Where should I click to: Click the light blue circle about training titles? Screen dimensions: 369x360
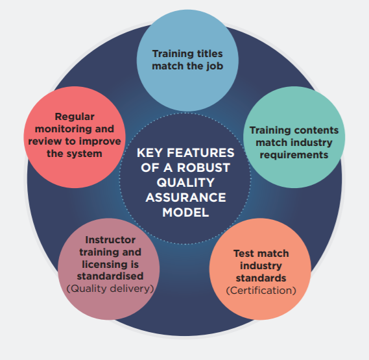coord(187,60)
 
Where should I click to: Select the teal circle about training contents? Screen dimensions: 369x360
coord(294,138)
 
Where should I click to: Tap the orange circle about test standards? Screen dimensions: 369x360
coord(260,269)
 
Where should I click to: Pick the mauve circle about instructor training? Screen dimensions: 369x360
coord(109,269)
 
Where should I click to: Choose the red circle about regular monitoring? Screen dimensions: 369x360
coord(75,138)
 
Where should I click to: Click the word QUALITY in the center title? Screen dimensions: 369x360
coord(185,182)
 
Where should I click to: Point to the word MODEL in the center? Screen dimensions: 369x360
coord(185,212)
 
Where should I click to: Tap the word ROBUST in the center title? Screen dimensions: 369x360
coord(204,167)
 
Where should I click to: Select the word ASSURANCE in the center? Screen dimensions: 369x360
coord(185,197)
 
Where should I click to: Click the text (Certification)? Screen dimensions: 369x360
coord(261,291)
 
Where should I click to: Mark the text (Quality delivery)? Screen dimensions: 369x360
coord(110,289)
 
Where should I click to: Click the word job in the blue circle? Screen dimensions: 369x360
coord(215,66)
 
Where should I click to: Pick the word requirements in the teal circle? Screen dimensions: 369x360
coord(294,155)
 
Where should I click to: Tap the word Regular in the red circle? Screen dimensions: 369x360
coord(75,117)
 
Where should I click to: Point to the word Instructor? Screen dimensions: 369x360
coord(110,240)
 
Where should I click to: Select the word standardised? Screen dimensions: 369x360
coord(110,276)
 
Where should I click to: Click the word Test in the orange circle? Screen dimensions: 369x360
coord(243,254)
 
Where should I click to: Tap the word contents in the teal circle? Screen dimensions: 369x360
coord(316,130)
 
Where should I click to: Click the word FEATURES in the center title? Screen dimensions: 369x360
coord(200,152)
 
